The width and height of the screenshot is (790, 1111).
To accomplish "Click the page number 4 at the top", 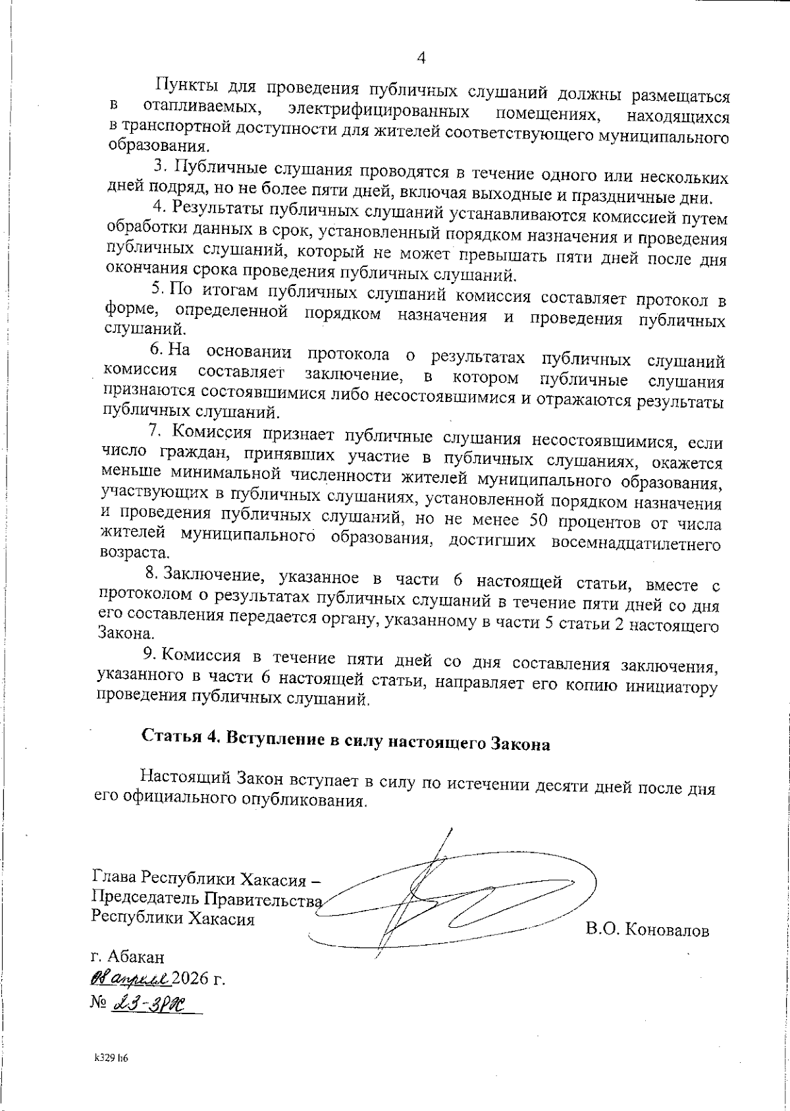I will tap(421, 58).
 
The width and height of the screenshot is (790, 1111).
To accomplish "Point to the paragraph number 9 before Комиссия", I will tap(149, 654).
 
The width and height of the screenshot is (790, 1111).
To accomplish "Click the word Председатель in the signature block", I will tap(147, 899).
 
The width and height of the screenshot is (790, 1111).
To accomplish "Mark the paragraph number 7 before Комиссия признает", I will tap(155, 430).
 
